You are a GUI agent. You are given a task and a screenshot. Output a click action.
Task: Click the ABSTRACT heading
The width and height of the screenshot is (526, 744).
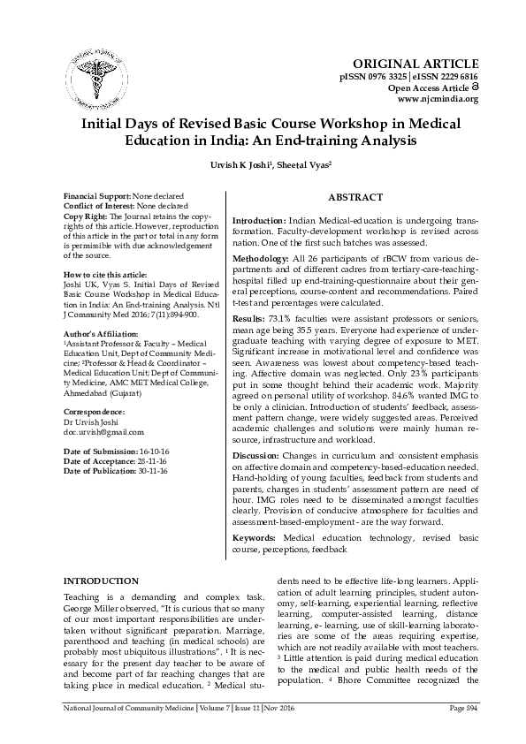[x=355, y=197]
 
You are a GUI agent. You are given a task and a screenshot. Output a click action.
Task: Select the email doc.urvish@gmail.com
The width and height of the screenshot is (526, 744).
[x=103, y=432]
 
